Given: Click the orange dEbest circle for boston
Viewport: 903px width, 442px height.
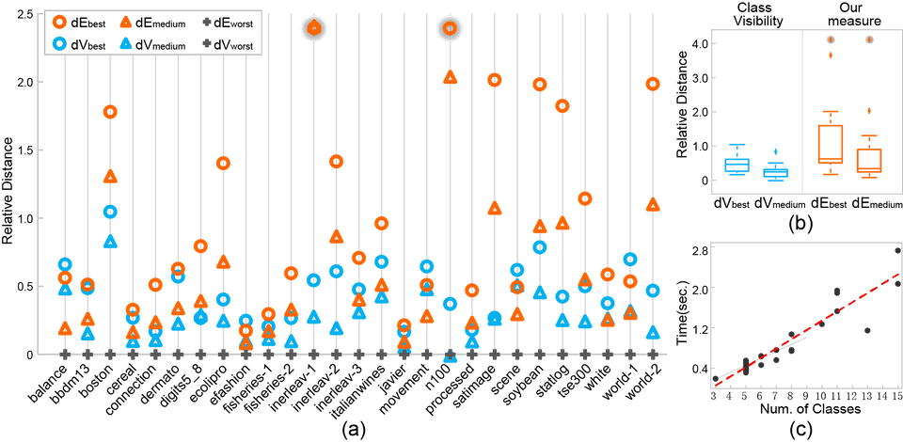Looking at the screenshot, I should click(110, 112).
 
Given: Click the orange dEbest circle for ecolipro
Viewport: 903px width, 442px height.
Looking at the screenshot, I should click(224, 163).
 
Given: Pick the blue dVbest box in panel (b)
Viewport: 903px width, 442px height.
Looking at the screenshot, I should click(737, 162).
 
